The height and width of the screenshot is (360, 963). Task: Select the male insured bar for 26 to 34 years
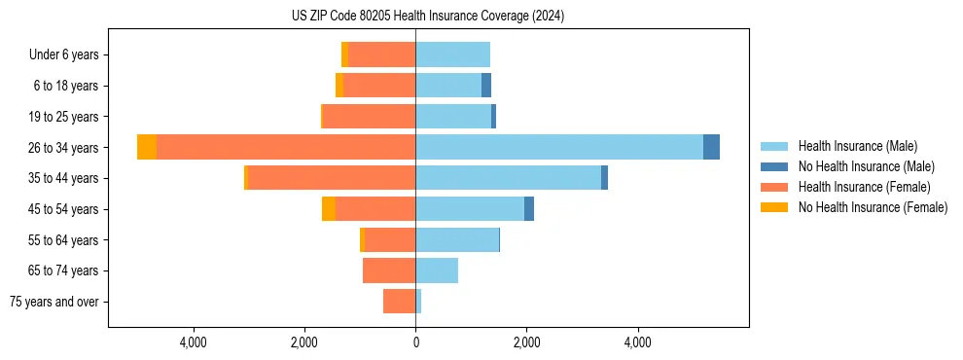point(559,147)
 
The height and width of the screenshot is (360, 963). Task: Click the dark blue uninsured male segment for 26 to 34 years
point(711,147)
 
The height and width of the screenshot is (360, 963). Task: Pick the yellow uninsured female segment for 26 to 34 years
point(147,147)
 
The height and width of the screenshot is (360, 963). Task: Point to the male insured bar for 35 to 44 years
point(508,178)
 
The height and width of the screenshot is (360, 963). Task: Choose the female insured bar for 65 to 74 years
point(389,270)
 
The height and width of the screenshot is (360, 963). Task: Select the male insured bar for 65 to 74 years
point(437,270)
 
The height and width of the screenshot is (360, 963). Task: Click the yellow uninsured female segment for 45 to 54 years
point(329,209)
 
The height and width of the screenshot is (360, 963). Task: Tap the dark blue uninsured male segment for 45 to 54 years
point(529,209)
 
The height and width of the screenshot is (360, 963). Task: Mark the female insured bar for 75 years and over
point(399,302)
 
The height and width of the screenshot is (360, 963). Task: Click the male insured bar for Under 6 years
point(452,54)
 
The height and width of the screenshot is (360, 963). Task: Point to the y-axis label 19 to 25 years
point(63,117)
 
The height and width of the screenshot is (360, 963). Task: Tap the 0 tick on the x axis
point(415,343)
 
